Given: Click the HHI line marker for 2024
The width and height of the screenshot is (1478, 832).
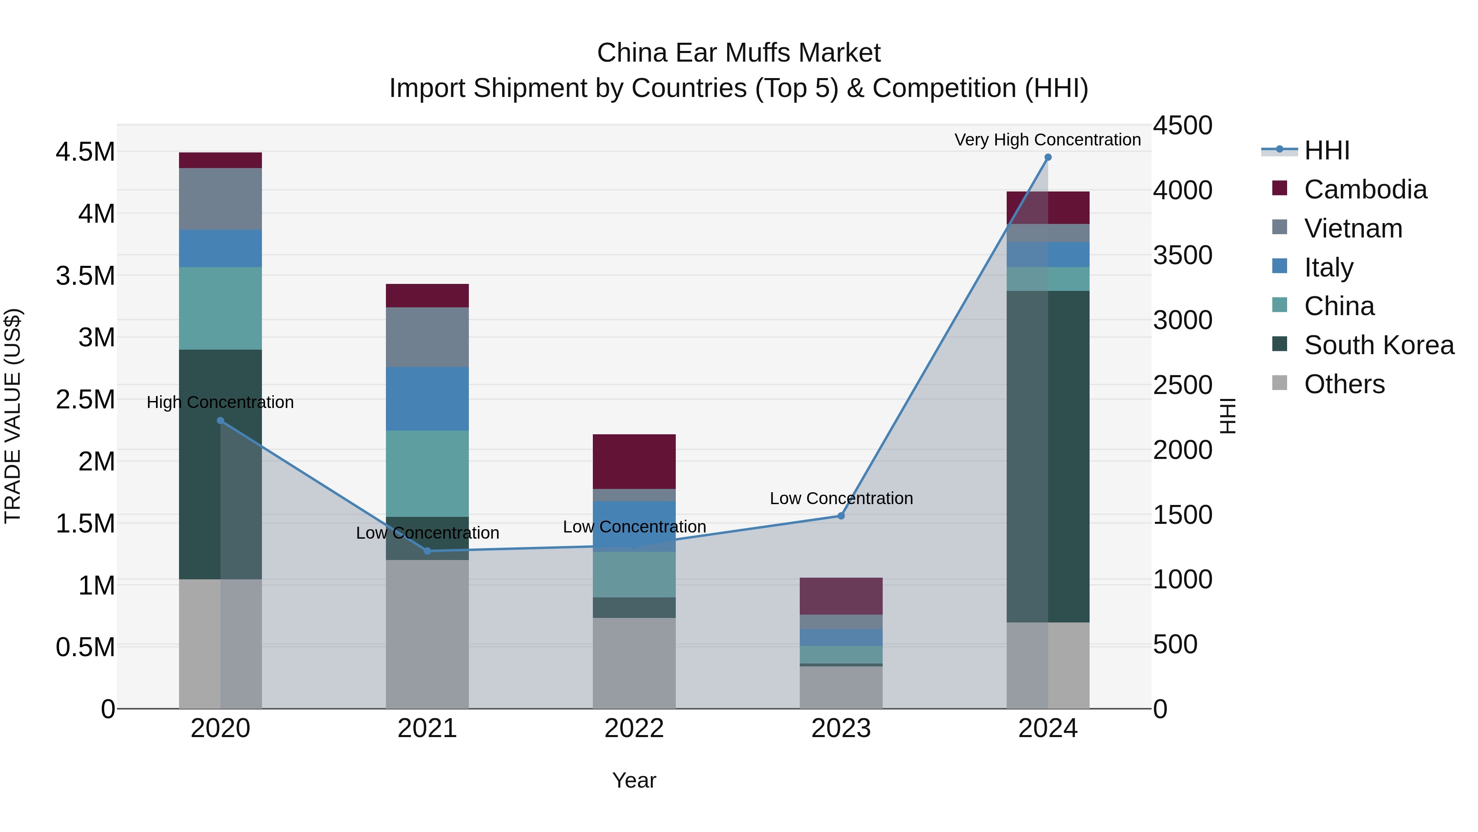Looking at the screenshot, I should pos(1048,157).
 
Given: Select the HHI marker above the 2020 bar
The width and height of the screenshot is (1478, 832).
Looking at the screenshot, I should pos(220,421).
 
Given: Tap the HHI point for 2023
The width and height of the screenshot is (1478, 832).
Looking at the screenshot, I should pos(841,516).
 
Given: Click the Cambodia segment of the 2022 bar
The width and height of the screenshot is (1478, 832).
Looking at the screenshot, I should pos(634,462).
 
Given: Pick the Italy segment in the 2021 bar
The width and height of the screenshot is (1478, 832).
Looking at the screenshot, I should pos(427,399).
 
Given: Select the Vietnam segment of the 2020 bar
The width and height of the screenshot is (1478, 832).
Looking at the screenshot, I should pos(220,199).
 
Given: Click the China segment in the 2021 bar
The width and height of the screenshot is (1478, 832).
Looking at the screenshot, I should pos(427,474).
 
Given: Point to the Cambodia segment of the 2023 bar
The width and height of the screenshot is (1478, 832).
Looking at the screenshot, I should pos(841,596).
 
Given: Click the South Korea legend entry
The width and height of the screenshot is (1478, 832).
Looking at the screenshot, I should pos(1378,345).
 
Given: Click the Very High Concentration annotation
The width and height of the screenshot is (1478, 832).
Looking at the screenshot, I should pos(1048,140).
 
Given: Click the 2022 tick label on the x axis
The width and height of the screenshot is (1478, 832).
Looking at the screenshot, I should pos(634,728).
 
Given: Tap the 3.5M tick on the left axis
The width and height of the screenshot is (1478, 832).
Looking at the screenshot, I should pos(85,276).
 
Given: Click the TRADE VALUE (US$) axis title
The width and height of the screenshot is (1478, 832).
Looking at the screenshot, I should pos(13,416).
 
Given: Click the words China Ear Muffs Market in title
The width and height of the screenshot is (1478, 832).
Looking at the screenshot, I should pos(739,53).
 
